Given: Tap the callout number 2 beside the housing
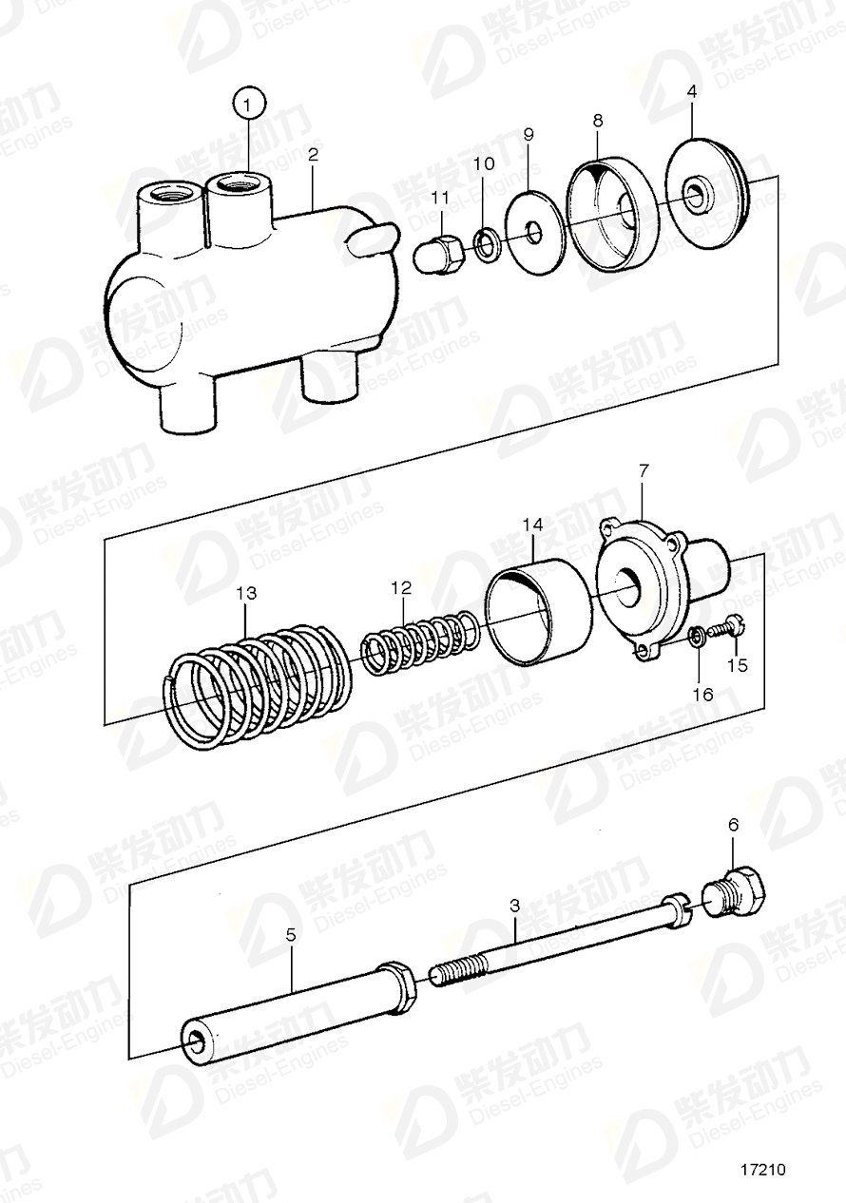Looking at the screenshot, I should tap(313, 154).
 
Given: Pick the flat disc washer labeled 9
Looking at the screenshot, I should tap(534, 232).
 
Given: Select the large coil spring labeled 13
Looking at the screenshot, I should tap(260, 686).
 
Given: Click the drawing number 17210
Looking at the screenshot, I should tap(765, 1171).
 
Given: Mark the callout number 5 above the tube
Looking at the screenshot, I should tap(291, 935).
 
